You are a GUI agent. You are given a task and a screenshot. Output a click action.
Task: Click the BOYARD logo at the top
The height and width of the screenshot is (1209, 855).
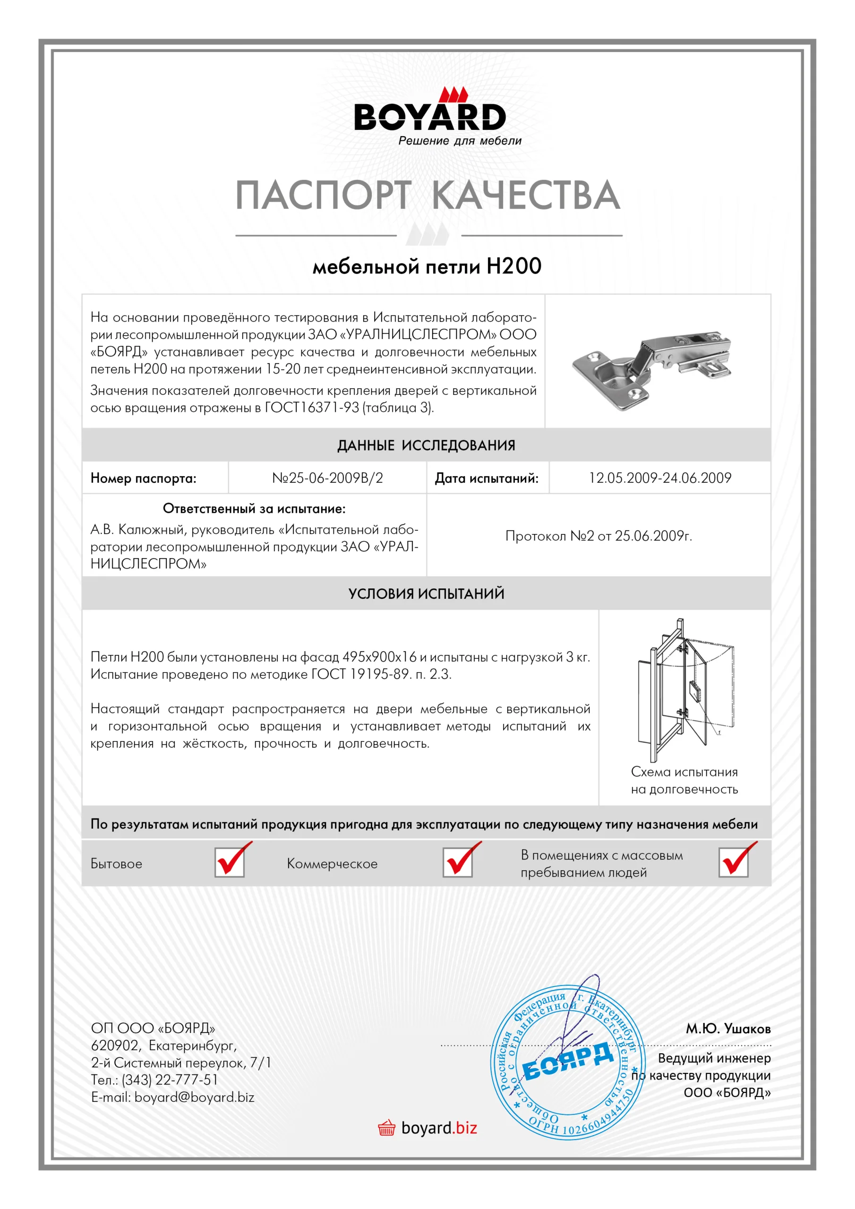point(429,116)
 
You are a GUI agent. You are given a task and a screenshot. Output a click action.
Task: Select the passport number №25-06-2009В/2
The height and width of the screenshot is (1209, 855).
point(327,478)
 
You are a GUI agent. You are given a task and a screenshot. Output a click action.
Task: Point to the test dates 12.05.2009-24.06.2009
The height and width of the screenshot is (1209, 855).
point(659,478)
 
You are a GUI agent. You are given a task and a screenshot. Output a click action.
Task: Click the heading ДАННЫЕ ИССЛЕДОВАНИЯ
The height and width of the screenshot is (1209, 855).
point(426,445)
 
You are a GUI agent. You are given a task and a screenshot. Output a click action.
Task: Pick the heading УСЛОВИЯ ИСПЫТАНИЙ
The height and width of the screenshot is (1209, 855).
point(426,594)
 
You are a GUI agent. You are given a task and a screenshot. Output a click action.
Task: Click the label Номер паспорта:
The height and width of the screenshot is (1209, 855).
point(143,479)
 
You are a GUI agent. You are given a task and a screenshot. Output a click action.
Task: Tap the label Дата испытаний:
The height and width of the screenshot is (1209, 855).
point(486,479)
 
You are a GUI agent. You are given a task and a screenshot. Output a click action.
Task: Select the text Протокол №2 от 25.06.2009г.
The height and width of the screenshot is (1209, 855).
point(598,536)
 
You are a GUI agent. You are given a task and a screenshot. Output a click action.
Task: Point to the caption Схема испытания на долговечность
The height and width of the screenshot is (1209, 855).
point(684,780)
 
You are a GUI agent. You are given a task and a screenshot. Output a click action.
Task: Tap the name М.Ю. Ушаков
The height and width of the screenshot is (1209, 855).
point(727,1029)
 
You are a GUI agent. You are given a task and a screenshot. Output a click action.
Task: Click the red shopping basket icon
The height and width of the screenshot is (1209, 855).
point(386,1128)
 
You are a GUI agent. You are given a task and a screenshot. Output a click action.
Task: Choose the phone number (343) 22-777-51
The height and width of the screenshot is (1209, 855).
point(170,1080)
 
